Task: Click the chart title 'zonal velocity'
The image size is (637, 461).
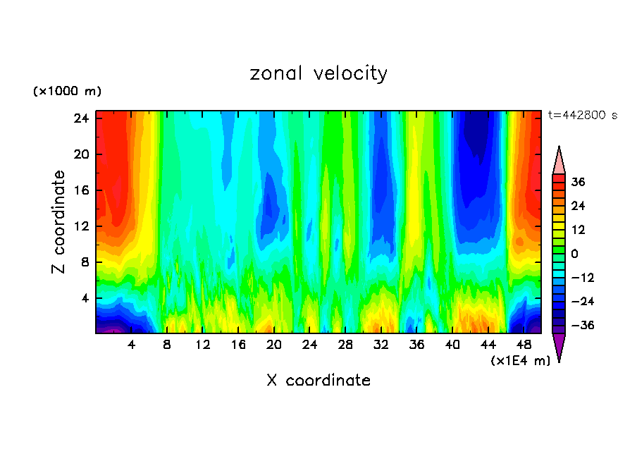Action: [x=318, y=73]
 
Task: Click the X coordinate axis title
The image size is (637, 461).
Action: [x=318, y=381]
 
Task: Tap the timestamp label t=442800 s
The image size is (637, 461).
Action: [x=582, y=116]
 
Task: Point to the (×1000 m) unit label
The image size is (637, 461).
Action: [x=67, y=92]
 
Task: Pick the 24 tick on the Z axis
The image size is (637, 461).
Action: [x=81, y=118]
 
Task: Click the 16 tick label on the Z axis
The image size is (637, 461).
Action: [x=81, y=190]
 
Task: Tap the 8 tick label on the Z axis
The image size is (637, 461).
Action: [x=85, y=262]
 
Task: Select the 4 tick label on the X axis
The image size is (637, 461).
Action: [x=132, y=345]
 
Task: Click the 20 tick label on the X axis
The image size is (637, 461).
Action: [x=275, y=345]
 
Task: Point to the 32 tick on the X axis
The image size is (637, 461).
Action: [x=381, y=345]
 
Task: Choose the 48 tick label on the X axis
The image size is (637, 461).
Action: [x=524, y=345]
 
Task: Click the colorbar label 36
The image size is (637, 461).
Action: [x=578, y=182]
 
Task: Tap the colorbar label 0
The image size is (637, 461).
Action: [x=575, y=254]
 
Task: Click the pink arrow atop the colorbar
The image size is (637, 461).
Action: [x=559, y=161]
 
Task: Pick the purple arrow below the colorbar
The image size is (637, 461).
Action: [x=559, y=346]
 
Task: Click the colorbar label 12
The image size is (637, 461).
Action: [x=578, y=230]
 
